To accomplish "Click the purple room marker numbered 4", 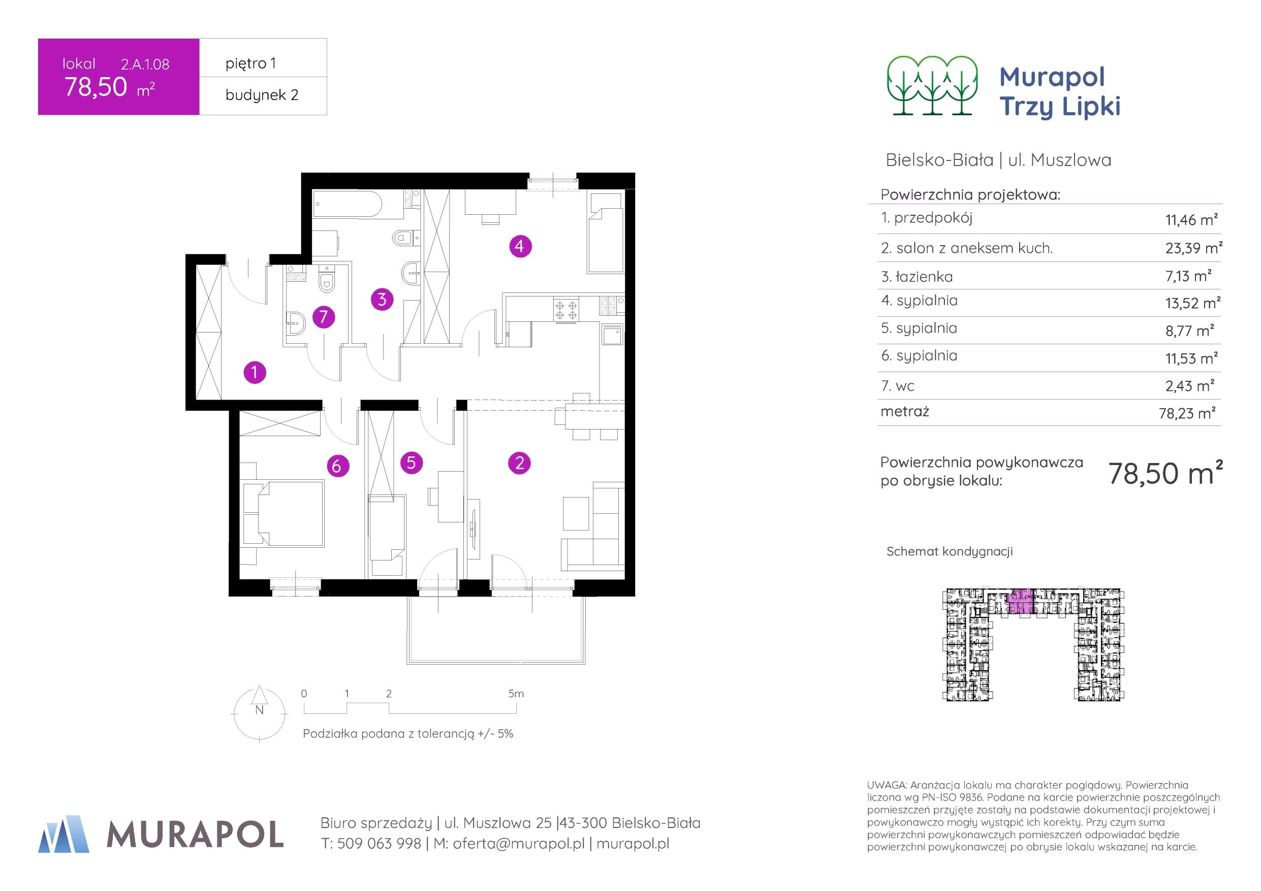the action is (520, 246).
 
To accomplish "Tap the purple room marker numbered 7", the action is (324, 317).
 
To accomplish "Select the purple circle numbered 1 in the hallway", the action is (255, 373).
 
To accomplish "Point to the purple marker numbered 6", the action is (337, 466).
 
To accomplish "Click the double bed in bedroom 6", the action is (283, 513).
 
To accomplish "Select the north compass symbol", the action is (260, 713).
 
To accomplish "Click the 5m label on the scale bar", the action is (516, 694).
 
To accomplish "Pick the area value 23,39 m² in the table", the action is (1193, 248).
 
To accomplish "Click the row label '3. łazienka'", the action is (917, 277).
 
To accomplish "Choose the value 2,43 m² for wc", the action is (1189, 386).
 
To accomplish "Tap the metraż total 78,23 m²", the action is (1187, 413).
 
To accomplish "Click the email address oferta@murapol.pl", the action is (518, 843).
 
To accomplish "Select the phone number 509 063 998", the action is (379, 843).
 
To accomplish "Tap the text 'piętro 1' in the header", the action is (250, 63).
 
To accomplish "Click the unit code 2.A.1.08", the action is (145, 64).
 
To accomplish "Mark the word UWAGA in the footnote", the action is (884, 785).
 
